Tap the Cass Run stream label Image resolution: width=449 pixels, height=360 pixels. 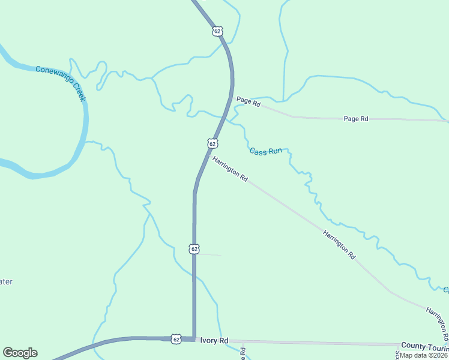point(265,151)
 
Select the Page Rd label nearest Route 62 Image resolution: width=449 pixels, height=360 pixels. point(248,102)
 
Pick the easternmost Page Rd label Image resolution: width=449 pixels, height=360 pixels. point(355,119)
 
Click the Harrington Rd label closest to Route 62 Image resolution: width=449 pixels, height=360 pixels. point(230,169)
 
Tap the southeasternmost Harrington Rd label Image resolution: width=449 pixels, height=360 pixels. point(437,321)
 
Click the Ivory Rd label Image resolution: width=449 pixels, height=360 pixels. point(214,340)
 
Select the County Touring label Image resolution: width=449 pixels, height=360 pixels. point(424,346)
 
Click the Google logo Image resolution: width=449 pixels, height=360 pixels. point(20,353)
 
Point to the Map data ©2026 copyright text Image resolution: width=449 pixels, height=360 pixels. point(424,355)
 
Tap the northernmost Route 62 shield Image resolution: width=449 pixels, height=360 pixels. point(217,31)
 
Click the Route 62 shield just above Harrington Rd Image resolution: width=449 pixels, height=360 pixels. point(212,143)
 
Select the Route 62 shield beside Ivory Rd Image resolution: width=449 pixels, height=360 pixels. point(175,339)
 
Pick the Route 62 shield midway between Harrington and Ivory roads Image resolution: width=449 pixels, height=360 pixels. point(193,248)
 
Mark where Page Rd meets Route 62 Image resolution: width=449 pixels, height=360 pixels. point(232,98)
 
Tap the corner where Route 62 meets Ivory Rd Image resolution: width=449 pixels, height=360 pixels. point(193,339)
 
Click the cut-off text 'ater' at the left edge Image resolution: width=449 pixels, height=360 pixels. point(5,281)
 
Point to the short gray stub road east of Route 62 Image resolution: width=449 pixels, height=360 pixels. point(209,255)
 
